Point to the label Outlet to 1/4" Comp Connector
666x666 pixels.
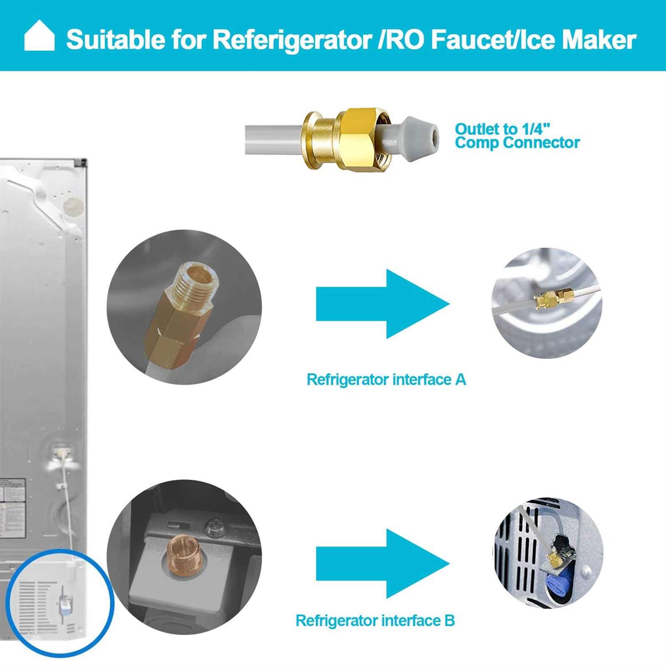tap(517, 136)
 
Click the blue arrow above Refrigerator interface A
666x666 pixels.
tap(382, 304)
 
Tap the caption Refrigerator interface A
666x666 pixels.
tap(386, 380)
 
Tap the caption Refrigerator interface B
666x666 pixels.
tap(375, 620)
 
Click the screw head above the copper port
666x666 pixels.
tap(213, 528)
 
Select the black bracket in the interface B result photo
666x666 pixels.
tap(560, 543)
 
